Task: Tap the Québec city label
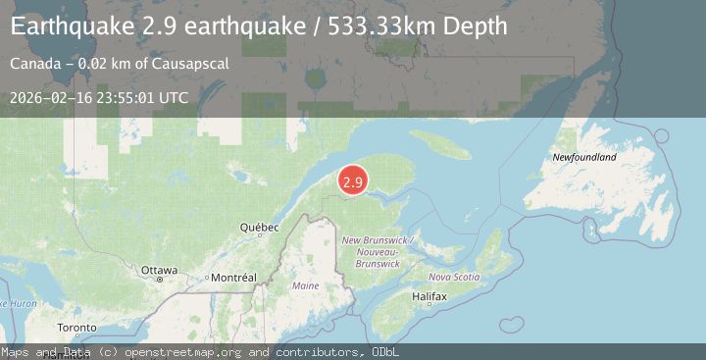pyautogui.click(x=260, y=228)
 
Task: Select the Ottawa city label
pyautogui.click(x=159, y=270)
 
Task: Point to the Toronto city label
pyautogui.click(x=76, y=328)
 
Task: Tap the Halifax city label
pyautogui.click(x=429, y=295)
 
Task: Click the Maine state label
pyautogui.click(x=306, y=285)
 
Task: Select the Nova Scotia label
pyautogui.click(x=454, y=277)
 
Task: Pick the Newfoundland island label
pyautogui.click(x=584, y=157)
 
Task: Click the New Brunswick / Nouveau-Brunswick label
pyautogui.click(x=378, y=252)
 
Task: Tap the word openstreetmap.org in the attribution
pyautogui.click(x=185, y=352)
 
